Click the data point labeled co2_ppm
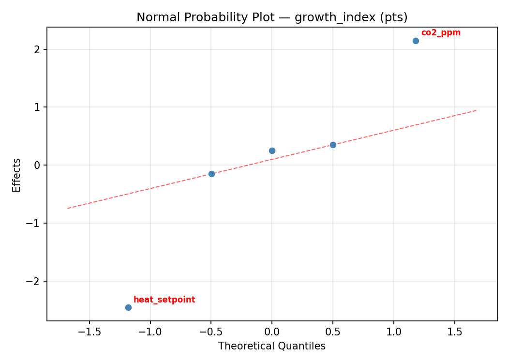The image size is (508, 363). coord(416,41)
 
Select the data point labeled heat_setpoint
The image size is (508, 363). coord(128,307)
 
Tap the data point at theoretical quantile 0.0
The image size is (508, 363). coord(272,151)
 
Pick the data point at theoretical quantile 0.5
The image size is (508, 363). coord(333,145)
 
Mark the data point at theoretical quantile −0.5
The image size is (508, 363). coord(211,174)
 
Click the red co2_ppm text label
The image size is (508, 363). coord(440,33)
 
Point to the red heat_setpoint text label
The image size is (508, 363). coord(164,300)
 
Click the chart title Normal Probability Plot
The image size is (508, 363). coord(272,17)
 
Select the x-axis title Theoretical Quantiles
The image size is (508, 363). coord(272,346)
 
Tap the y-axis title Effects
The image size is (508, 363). coord(17,175)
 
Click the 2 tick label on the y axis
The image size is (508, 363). coord(37,49)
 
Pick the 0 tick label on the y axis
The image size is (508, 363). coord(37,165)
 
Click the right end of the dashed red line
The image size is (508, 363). coord(477,110)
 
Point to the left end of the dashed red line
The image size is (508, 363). coord(67,208)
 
